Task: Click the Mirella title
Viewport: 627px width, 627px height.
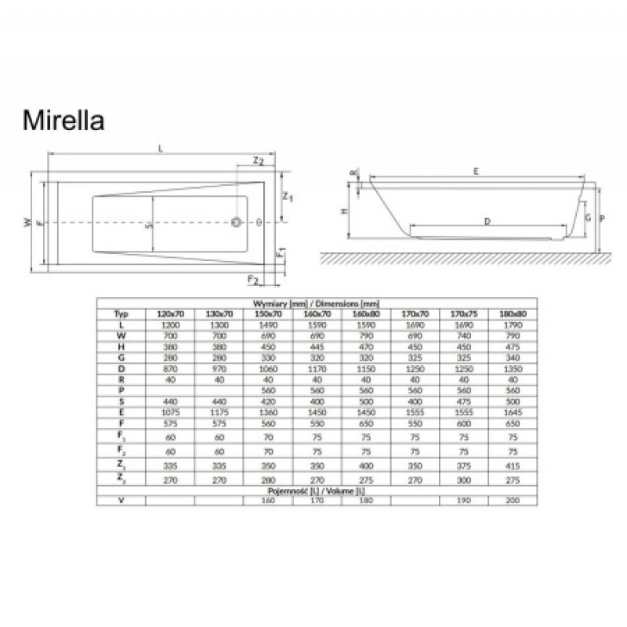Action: pos(62,122)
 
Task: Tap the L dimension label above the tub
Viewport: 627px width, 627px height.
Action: pos(161,150)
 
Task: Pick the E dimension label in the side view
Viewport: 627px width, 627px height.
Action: pos(476,171)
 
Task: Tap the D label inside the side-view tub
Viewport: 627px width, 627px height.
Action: pos(487,222)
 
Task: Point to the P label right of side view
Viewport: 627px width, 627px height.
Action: pos(602,220)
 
